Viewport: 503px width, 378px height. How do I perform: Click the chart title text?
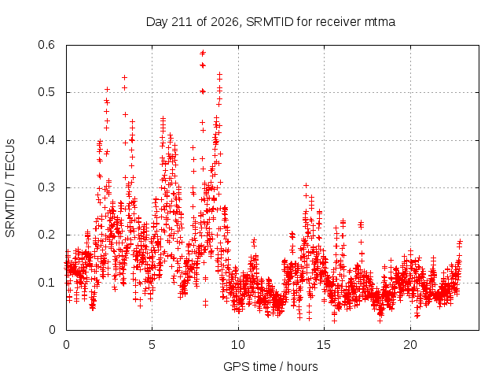[x=270, y=22]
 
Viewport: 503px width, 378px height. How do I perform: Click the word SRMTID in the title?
[x=270, y=22]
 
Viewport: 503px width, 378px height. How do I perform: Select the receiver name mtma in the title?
[x=380, y=23]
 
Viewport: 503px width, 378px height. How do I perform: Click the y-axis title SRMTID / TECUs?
[x=10, y=188]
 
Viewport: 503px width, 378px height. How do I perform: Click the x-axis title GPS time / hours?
[x=270, y=366]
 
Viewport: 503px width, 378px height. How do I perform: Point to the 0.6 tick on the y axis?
[x=46, y=45]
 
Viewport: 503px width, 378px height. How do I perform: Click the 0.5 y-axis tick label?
[x=46, y=92]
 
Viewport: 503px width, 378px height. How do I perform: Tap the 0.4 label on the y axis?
[x=46, y=140]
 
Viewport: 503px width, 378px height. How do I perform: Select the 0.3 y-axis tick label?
[x=46, y=187]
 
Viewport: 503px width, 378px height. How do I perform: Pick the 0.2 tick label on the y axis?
[x=46, y=235]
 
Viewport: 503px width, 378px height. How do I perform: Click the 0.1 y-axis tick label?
[x=46, y=283]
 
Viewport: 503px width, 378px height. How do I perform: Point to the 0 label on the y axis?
[x=52, y=330]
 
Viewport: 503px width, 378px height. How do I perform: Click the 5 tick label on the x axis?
[x=152, y=345]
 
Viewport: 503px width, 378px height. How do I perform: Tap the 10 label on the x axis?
[x=237, y=345]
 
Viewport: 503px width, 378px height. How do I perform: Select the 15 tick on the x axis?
[x=324, y=345]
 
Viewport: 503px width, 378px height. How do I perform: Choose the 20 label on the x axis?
[x=410, y=345]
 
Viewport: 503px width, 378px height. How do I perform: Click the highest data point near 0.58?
[x=203, y=53]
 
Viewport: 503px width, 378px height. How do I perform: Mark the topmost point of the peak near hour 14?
[x=306, y=186]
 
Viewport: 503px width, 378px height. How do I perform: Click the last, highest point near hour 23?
[x=461, y=241]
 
